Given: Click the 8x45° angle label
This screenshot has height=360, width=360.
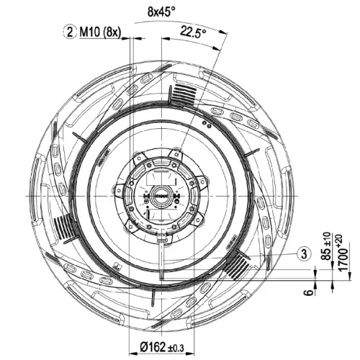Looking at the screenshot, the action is [161, 12].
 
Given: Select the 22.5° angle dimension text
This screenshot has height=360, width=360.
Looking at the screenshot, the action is [193, 31].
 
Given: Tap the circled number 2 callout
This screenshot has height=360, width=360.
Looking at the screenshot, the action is [70, 32].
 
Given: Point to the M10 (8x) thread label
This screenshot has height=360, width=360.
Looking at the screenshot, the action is [100, 32].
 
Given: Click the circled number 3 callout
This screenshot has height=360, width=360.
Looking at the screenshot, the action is [304, 253].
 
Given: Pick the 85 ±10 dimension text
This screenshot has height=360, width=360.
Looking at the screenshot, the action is [326, 246].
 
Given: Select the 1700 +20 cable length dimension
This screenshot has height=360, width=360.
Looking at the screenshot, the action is [343, 253].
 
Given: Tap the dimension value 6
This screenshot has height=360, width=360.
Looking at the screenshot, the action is [310, 292].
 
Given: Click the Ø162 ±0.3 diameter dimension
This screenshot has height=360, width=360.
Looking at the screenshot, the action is [162, 347].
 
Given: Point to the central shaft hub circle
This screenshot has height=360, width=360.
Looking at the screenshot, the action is [161, 196].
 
